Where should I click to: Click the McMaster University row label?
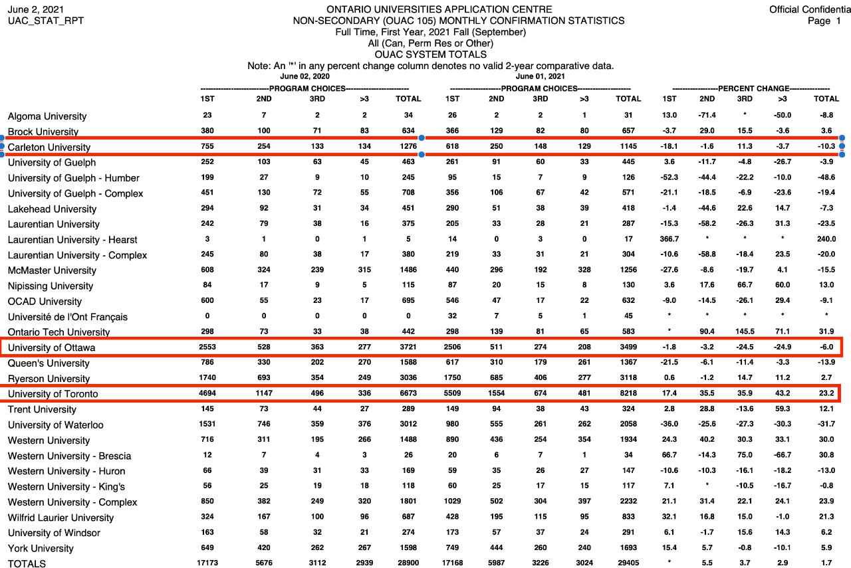[x=52, y=270]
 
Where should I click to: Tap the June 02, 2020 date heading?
[x=304, y=76]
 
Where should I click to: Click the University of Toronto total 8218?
[x=628, y=394]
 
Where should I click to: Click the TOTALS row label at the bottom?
[x=27, y=563]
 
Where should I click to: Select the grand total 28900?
[x=408, y=563]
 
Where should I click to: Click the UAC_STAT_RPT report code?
[x=45, y=21]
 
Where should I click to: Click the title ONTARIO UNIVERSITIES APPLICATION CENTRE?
[x=439, y=9]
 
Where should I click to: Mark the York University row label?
[x=41, y=548]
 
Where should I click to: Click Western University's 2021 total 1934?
[x=628, y=440]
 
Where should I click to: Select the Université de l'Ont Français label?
[x=68, y=317]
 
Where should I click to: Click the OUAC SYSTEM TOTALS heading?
[x=431, y=54]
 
